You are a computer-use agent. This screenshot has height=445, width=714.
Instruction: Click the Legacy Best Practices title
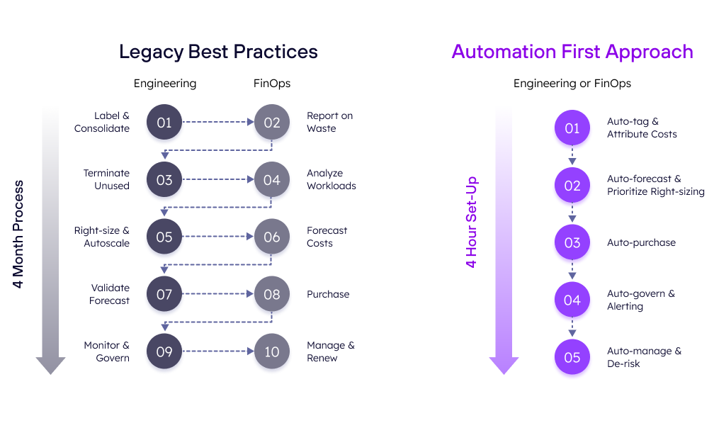[x=218, y=52]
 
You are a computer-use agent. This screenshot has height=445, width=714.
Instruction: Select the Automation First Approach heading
[x=572, y=52]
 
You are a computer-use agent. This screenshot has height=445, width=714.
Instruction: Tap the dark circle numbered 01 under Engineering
[x=164, y=122]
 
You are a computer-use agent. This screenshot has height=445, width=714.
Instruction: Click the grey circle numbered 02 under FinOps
[x=272, y=122]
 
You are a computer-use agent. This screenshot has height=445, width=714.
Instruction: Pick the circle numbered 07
[x=164, y=294]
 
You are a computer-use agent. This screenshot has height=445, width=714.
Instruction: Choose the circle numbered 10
[x=272, y=351]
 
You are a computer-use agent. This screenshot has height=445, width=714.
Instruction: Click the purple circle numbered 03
[x=572, y=242]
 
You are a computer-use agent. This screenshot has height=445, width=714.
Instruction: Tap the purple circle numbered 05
[x=572, y=357]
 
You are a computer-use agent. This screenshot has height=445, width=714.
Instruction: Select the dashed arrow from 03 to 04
[x=218, y=179]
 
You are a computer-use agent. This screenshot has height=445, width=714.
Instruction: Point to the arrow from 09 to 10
[x=218, y=351]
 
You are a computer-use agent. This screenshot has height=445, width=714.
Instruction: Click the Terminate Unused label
[x=106, y=179]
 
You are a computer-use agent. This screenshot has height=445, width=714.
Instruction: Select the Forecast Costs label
[x=327, y=237]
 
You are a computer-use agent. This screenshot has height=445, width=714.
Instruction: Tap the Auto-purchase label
[x=641, y=242]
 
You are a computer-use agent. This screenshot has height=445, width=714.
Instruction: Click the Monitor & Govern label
[x=106, y=351]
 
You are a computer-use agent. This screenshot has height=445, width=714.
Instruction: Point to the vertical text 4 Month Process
[x=18, y=234]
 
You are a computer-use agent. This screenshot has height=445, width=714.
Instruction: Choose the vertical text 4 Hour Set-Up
[x=471, y=222]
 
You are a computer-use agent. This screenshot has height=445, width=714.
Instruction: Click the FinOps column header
[x=272, y=84]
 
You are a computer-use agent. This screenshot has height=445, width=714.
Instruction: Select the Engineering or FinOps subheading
[x=572, y=84]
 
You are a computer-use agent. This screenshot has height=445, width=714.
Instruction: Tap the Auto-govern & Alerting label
[x=640, y=300]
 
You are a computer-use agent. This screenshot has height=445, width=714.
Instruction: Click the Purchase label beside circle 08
[x=328, y=294]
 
